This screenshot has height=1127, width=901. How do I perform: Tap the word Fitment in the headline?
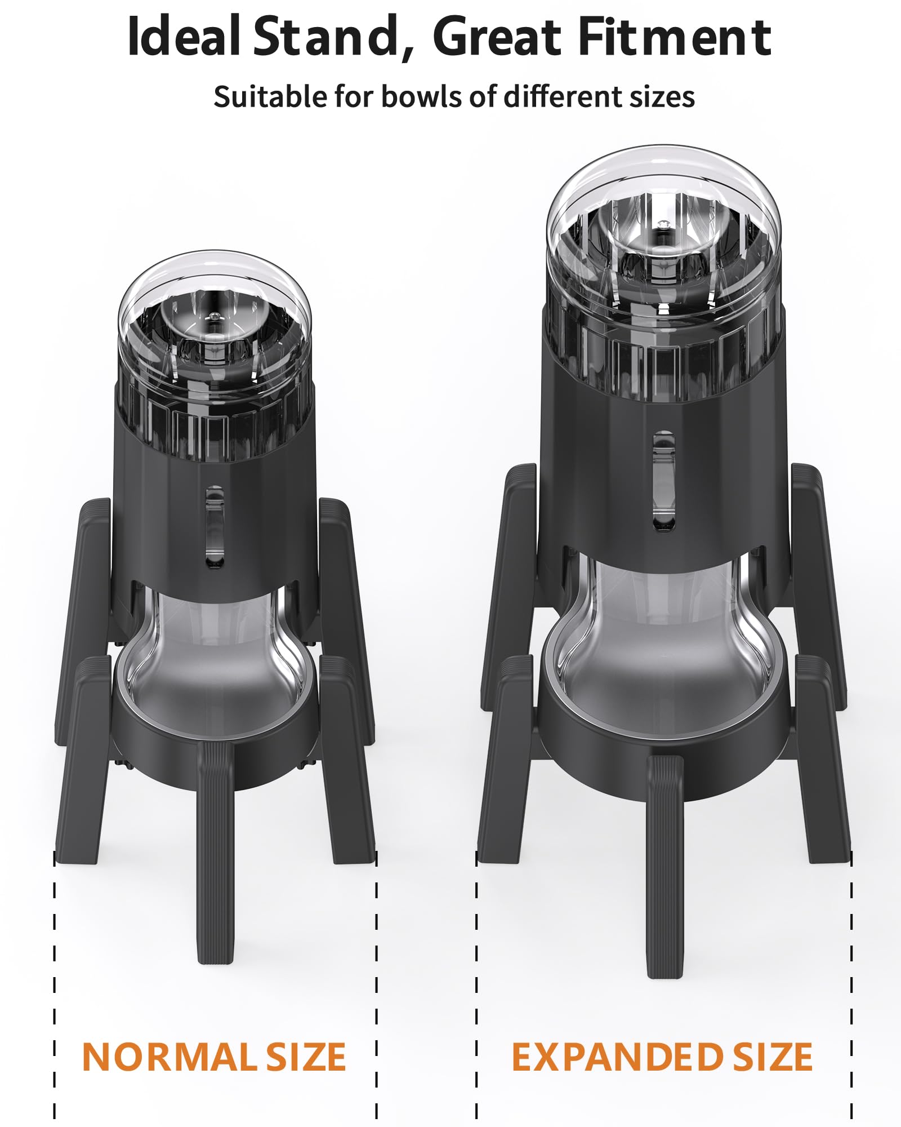click(x=674, y=37)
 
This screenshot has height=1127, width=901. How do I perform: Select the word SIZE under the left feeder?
click(x=305, y=1058)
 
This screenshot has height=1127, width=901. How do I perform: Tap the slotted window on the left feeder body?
click(x=215, y=527)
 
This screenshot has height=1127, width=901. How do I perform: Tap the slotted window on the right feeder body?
click(x=663, y=481)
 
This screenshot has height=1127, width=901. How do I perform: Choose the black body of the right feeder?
click(x=597, y=479)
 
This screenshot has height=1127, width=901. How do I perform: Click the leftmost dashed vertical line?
click(x=55, y=986)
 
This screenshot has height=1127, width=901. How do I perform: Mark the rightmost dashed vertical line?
click(x=851, y=986)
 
